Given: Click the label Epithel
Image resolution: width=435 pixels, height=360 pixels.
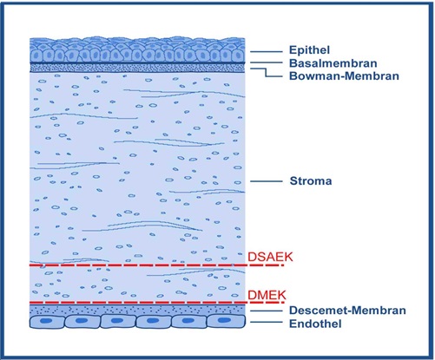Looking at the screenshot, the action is pyautogui.click(x=309, y=50).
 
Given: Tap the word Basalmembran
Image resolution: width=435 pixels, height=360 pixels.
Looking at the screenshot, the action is pyautogui.click(x=333, y=63).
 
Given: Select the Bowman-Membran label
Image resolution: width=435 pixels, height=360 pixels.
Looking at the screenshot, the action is pyautogui.click(x=344, y=75).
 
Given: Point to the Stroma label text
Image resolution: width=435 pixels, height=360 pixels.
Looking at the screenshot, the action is pyautogui.click(x=311, y=181).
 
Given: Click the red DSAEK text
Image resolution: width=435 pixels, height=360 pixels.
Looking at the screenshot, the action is pyautogui.click(x=270, y=257).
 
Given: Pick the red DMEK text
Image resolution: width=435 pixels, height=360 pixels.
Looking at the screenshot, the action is pyautogui.click(x=267, y=295).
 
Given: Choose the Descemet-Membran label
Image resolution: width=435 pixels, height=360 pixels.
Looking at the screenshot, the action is pyautogui.click(x=347, y=311).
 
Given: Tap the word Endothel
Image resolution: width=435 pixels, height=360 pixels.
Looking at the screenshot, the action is pyautogui.click(x=315, y=324).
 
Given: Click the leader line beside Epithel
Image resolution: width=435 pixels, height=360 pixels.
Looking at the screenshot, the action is pyautogui.click(x=267, y=52).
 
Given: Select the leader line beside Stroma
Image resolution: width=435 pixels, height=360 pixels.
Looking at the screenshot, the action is pyautogui.click(x=267, y=181).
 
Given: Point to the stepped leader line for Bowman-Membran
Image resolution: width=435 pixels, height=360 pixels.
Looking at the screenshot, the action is pyautogui.click(x=266, y=73).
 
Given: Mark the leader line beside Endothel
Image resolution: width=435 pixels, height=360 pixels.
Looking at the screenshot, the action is pyautogui.click(x=267, y=322).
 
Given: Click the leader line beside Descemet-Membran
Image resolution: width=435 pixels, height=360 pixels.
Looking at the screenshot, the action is pyautogui.click(x=267, y=311).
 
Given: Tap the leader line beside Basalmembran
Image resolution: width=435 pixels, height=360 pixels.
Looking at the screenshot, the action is pyautogui.click(x=267, y=62).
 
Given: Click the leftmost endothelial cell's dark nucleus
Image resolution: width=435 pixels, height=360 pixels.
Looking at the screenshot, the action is pyautogui.click(x=46, y=321).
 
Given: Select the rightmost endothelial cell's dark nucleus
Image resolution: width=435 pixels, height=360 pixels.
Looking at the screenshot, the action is pyautogui.click(x=224, y=320).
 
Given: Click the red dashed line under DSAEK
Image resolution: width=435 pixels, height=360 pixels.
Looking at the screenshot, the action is pyautogui.click(x=156, y=265).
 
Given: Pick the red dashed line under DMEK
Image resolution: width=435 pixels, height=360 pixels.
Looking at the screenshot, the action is pyautogui.click(x=156, y=303).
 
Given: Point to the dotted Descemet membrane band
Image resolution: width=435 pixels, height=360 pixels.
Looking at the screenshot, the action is pyautogui.click(x=137, y=310).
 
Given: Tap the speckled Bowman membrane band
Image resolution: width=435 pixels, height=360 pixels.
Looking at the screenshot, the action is pyautogui.click(x=137, y=68).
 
